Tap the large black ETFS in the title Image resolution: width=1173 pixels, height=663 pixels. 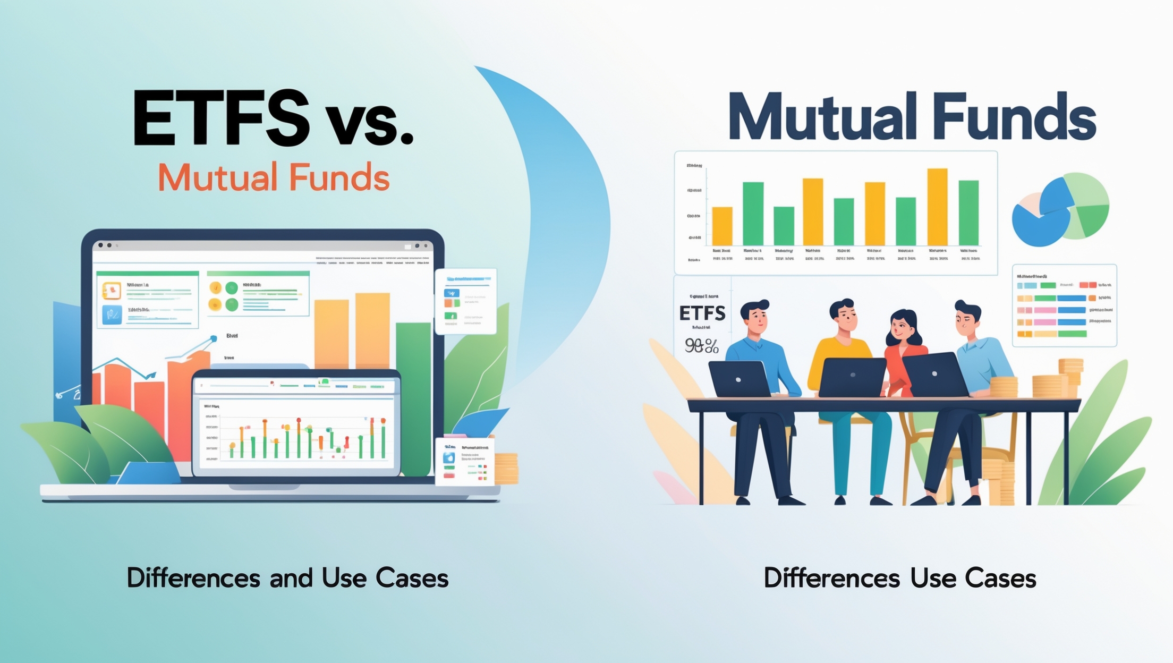click(x=220, y=118)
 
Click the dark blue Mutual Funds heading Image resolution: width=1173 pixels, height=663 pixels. click(x=912, y=117)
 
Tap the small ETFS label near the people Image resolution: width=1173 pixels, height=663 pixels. click(x=702, y=313)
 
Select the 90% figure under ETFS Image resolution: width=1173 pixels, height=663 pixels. click(x=701, y=346)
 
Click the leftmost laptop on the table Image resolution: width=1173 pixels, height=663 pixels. click(x=739, y=379)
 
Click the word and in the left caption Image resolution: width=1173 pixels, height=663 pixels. click(x=291, y=578)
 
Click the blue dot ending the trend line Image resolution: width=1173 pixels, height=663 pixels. click(x=214, y=338)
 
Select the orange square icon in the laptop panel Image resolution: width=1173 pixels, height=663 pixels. click(x=112, y=290)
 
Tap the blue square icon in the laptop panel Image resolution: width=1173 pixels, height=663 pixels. click(x=112, y=314)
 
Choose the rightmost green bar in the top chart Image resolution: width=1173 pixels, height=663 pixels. click(x=968, y=212)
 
